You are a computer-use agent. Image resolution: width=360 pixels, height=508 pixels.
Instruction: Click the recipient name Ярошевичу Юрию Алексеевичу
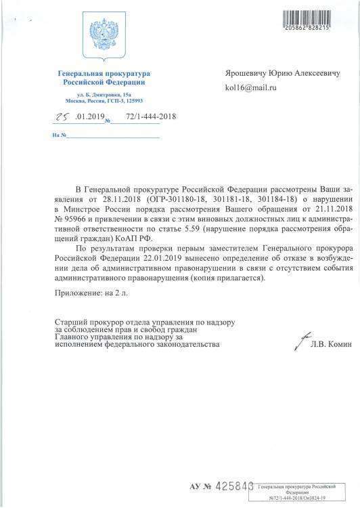click(286, 72)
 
